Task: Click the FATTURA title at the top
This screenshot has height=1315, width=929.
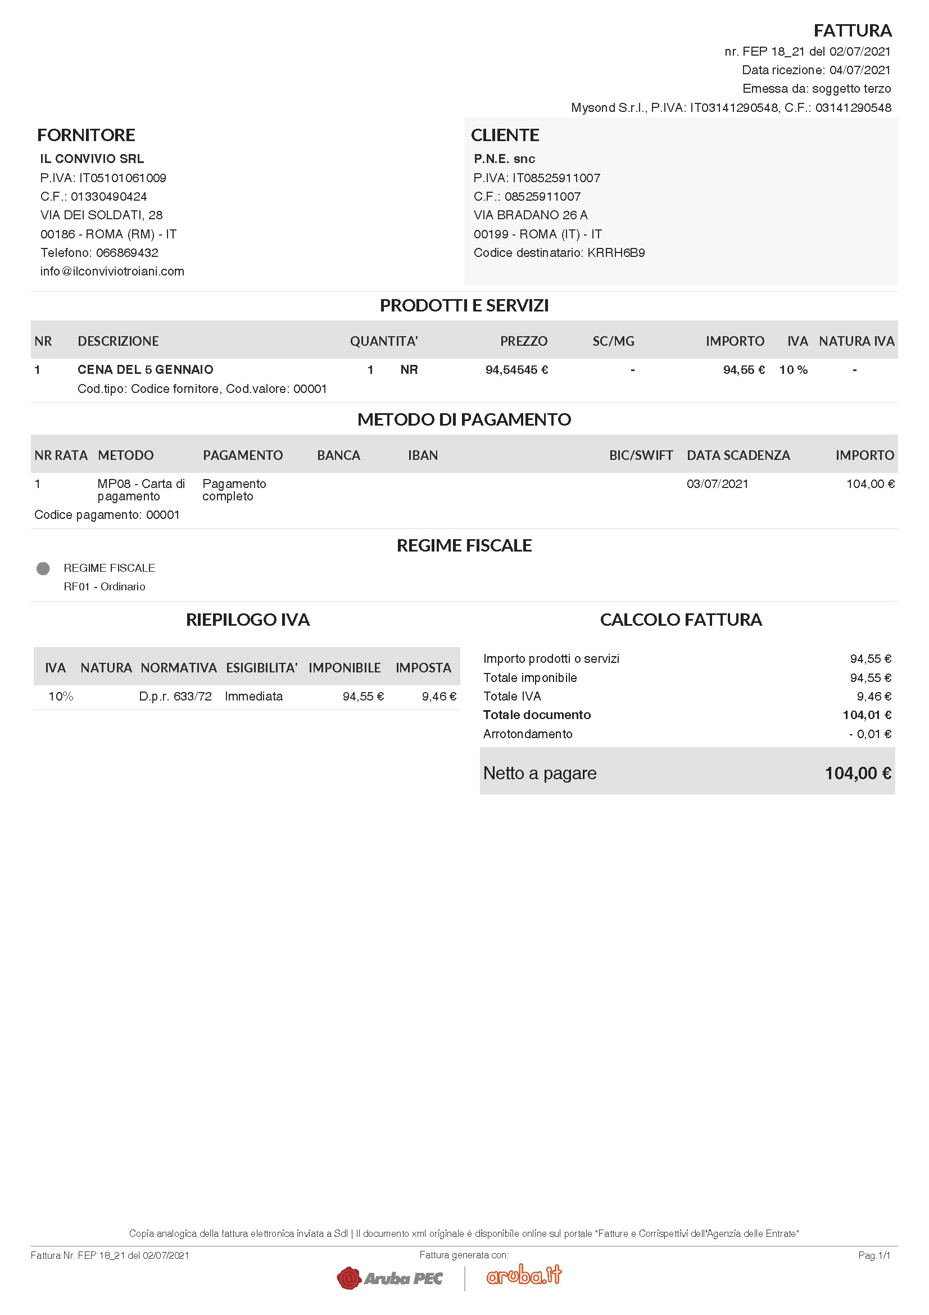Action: [853, 30]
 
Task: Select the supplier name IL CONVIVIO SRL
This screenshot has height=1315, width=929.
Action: [92, 159]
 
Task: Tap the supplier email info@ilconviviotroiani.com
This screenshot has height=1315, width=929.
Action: [112, 272]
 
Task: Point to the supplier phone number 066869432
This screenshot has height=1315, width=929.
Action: [127, 252]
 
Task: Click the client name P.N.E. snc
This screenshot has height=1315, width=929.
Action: [504, 159]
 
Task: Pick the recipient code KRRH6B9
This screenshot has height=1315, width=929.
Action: [616, 252]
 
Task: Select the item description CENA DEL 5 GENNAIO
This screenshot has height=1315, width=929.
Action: [146, 370]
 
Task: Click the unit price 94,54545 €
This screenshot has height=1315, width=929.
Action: [516, 370]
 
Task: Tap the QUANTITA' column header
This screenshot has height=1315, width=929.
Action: [383, 341]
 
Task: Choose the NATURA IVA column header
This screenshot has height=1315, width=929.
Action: [857, 341]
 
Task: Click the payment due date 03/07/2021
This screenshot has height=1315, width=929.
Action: [717, 484]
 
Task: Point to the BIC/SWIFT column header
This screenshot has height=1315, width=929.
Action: [641, 455]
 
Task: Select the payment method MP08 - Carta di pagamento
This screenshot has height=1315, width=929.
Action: [141, 490]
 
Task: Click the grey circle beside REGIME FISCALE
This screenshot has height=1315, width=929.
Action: [43, 568]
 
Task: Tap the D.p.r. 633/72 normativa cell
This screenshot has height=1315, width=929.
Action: [175, 697]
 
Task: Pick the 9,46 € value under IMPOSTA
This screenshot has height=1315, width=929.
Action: [439, 697]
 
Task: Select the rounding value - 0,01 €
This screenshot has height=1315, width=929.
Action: [870, 734]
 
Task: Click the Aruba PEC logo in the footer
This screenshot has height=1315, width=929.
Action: [390, 1278]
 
